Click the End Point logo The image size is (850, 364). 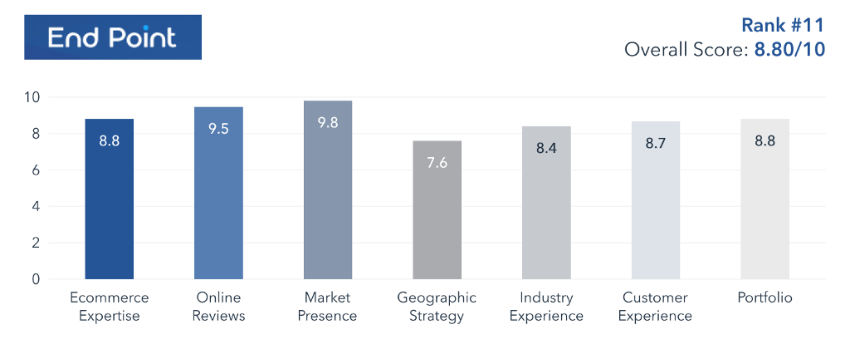(x=112, y=37)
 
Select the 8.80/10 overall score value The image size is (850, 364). (x=789, y=50)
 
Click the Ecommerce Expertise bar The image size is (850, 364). (x=110, y=199)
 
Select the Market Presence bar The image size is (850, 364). (x=328, y=190)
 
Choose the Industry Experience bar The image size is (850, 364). (x=546, y=203)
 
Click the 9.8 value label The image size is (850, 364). (x=328, y=122)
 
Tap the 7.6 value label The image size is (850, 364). (x=437, y=163)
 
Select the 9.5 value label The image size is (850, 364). (x=218, y=128)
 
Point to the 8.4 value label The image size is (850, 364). (x=546, y=149)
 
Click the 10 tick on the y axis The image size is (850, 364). (x=32, y=97)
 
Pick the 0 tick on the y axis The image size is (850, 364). (x=37, y=280)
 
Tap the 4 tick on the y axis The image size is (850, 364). (x=37, y=207)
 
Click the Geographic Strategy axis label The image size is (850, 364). (x=437, y=307)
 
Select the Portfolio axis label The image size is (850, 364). (x=765, y=298)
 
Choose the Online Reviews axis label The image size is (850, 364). (x=218, y=307)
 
